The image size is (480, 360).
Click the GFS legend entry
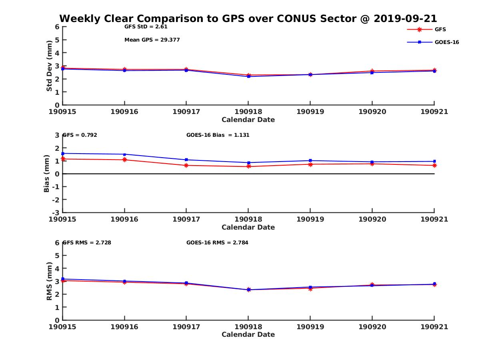[440, 29]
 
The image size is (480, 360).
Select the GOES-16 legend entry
[446, 42]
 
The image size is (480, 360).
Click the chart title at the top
[248, 19]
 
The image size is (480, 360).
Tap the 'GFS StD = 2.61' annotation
[146, 27]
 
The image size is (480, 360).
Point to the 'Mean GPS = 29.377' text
[152, 40]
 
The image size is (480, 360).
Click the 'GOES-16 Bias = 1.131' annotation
[218, 135]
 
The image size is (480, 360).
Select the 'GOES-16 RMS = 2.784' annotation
[217, 242]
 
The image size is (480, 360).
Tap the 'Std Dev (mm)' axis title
[49, 66]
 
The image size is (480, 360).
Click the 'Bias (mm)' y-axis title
[47, 174]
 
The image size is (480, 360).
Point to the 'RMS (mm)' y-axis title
[49, 281]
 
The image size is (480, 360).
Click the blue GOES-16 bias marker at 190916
[125, 154]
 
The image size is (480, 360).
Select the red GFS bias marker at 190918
[248, 166]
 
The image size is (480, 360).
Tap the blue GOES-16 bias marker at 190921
[434, 161]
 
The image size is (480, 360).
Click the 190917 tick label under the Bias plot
[186, 219]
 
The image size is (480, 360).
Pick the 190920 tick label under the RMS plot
[372, 326]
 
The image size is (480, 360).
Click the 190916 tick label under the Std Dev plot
[124, 112]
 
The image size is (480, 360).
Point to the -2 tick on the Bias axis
[57, 200]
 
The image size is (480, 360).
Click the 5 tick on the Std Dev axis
[57, 40]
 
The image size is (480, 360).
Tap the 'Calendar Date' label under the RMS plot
[248, 334]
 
